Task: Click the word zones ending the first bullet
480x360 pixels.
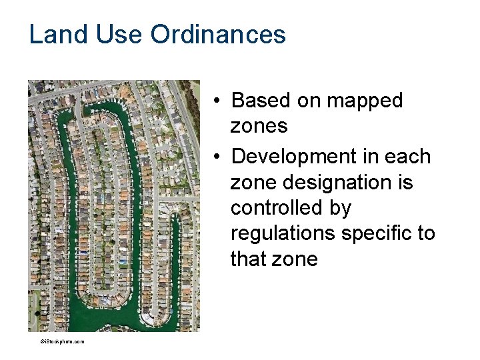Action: [259, 126]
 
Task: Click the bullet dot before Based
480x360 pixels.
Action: [218, 101]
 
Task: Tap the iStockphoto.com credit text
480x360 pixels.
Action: [62, 341]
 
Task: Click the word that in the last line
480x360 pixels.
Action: [248, 259]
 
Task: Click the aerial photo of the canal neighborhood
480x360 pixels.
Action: [113, 206]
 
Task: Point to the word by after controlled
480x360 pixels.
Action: [339, 208]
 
